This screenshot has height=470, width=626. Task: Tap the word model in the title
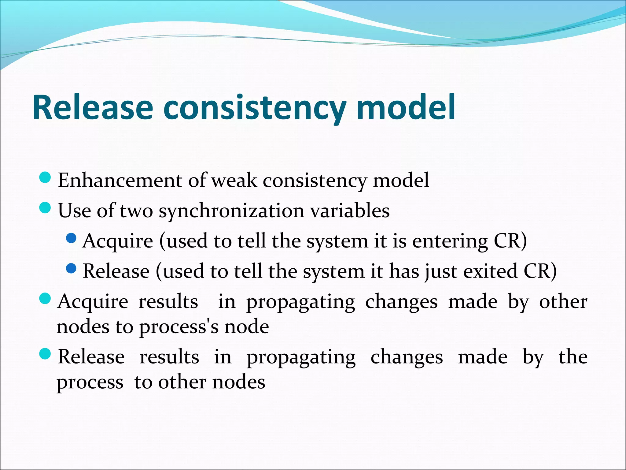[x=406, y=108]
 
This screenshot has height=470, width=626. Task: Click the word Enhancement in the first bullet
[x=120, y=180]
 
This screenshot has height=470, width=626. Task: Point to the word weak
[x=234, y=180]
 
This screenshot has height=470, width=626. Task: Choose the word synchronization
[x=231, y=211]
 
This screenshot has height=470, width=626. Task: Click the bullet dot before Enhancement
[x=45, y=177]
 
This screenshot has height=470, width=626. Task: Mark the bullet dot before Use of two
[x=45, y=208]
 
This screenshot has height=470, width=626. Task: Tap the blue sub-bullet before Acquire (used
[x=71, y=238]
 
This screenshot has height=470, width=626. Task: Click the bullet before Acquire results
[x=45, y=299]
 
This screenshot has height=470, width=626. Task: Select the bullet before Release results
[x=45, y=354]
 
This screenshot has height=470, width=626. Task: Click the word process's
[x=179, y=327]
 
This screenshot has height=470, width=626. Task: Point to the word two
[x=136, y=211]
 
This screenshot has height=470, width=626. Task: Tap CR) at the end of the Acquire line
[x=510, y=241]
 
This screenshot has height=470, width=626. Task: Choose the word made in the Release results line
[x=483, y=357]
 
